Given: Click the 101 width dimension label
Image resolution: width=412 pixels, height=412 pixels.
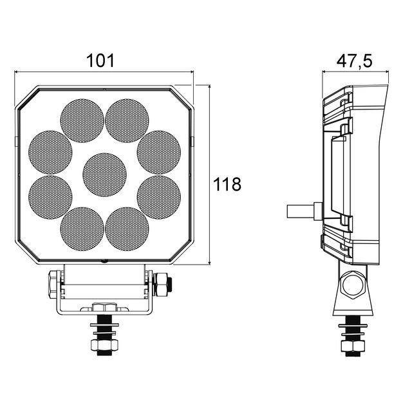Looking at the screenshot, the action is [100, 61].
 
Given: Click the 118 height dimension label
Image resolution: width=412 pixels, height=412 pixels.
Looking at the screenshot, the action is [227, 184].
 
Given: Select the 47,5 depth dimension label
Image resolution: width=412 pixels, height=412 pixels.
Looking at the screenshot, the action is [355, 62].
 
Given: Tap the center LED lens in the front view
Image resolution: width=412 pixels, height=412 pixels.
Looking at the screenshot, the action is [104, 174].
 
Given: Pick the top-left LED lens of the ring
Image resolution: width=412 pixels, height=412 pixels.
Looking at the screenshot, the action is [82, 120].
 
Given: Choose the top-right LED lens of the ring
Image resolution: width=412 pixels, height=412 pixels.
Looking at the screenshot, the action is [127, 120].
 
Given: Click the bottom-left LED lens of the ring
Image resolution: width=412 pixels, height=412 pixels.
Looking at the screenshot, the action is [82, 229].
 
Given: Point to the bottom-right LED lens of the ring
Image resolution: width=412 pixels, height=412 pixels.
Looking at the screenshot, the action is [127, 229].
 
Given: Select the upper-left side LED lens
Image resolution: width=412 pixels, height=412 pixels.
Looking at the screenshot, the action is [50, 153].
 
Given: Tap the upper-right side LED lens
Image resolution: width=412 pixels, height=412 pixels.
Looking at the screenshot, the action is [159, 153].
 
